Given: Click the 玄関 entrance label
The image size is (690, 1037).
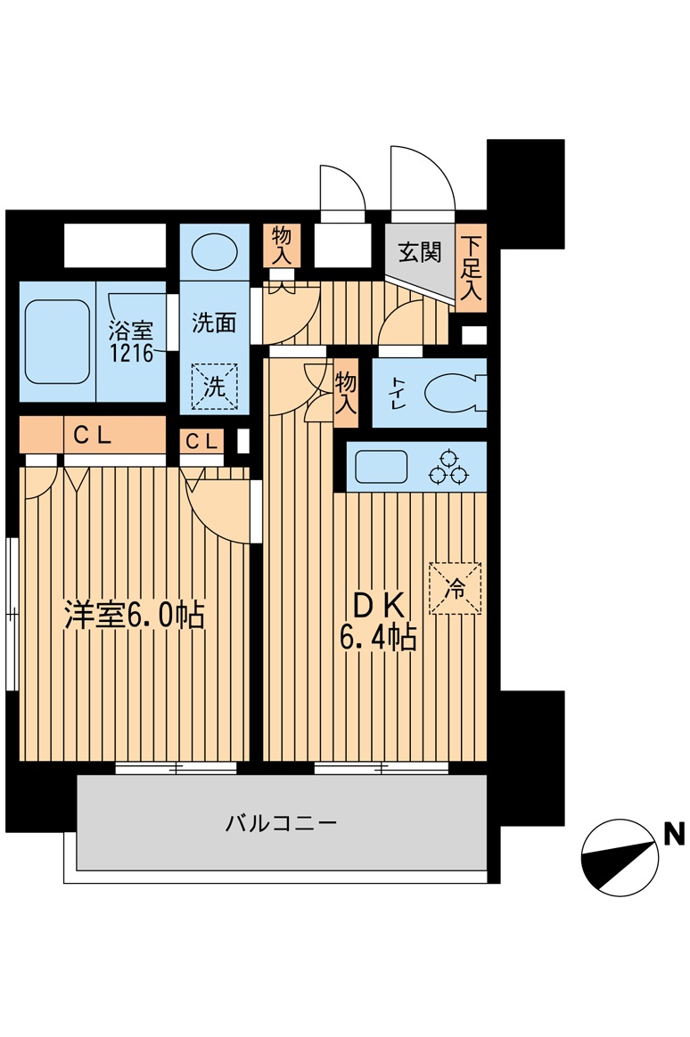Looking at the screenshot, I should pyautogui.click(x=419, y=252).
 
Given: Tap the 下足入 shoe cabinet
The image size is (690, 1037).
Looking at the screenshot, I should pyautogui.click(x=472, y=267).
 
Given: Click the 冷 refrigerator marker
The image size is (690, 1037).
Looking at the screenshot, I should pyautogui.click(x=455, y=588).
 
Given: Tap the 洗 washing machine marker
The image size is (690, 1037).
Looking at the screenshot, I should pyautogui.click(x=215, y=387).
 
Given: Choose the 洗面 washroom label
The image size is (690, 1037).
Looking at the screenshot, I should pyautogui.click(x=214, y=323).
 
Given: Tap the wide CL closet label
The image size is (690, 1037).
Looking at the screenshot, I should pyautogui.click(x=92, y=436).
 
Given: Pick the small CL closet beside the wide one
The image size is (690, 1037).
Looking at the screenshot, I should pyautogui.click(x=201, y=440).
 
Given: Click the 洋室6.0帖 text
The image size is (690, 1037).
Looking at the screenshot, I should pyautogui.click(x=135, y=616).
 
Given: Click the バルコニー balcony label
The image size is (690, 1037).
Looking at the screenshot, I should pyautogui.click(x=280, y=822).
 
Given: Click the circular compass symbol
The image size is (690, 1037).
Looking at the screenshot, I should pyautogui.click(x=620, y=857).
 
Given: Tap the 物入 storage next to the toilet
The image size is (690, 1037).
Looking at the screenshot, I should pyautogui.click(x=346, y=393).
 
